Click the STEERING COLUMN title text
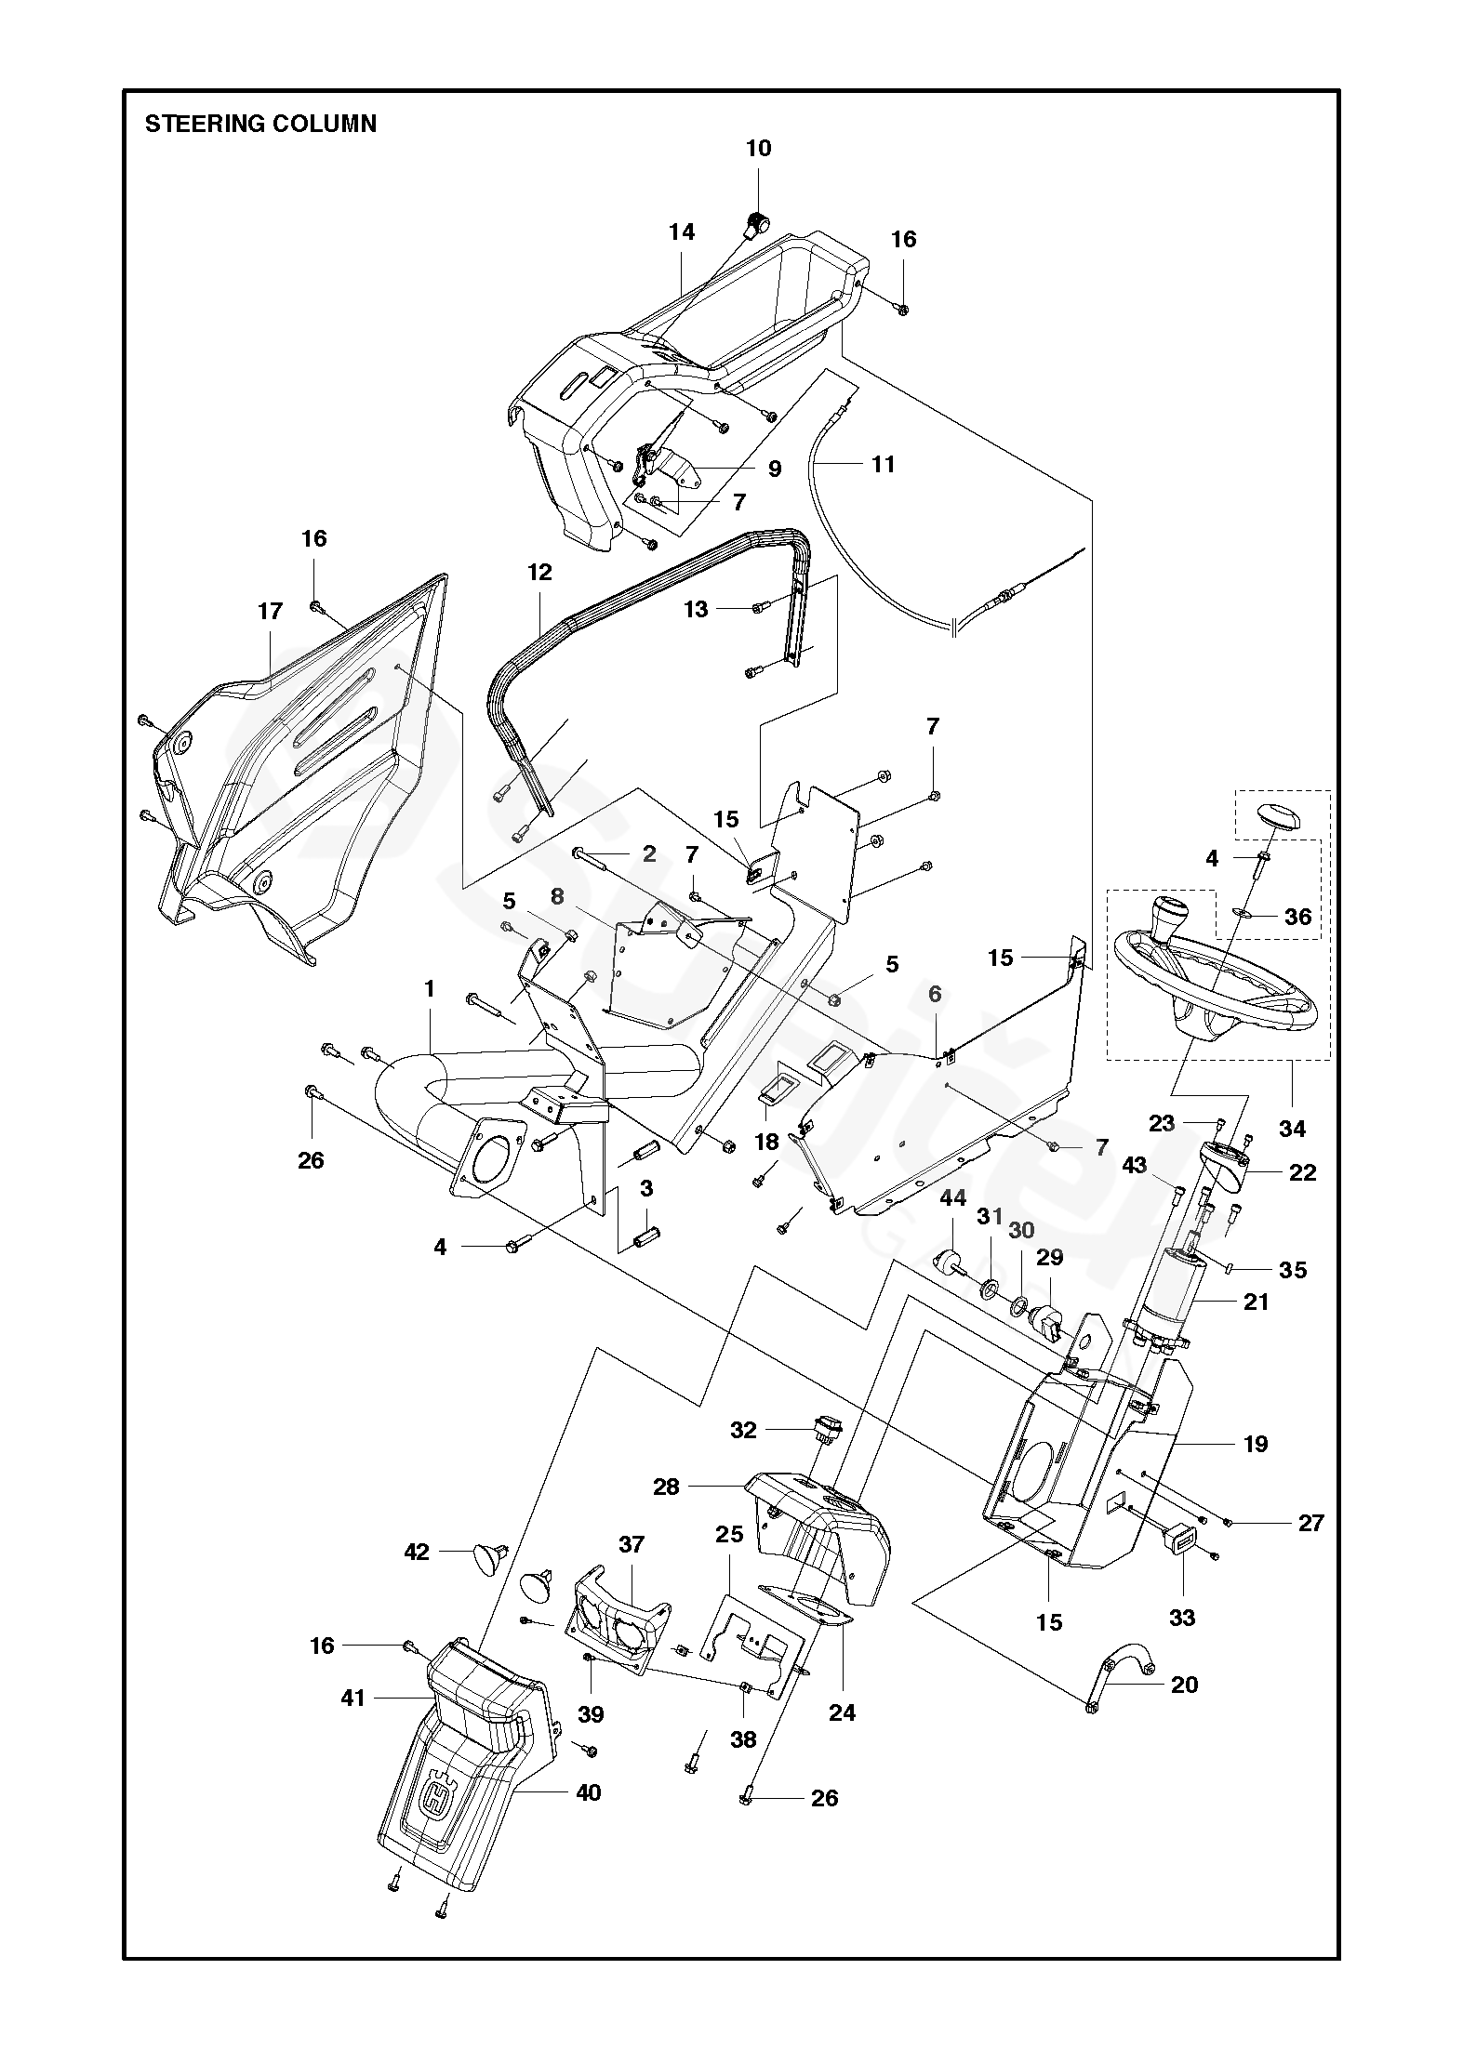coord(260,124)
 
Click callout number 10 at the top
coord(758,148)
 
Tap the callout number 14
coord(682,231)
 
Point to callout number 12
coord(539,572)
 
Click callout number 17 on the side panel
coord(270,611)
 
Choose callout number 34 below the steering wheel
coord(1293,1129)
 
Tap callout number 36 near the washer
coord(1297,917)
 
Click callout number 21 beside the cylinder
coord(1256,1302)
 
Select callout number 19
coord(1256,1444)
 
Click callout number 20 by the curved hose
coord(1184,1685)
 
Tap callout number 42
coord(417,1552)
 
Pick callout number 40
coord(588,1791)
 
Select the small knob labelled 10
coord(759,223)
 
